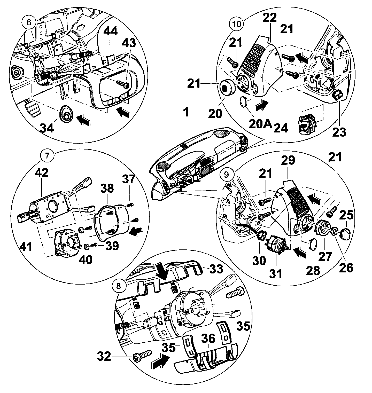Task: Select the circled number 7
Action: tap(47, 156)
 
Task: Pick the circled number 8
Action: tap(119, 286)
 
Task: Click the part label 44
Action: tap(111, 32)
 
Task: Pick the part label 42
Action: tap(42, 173)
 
